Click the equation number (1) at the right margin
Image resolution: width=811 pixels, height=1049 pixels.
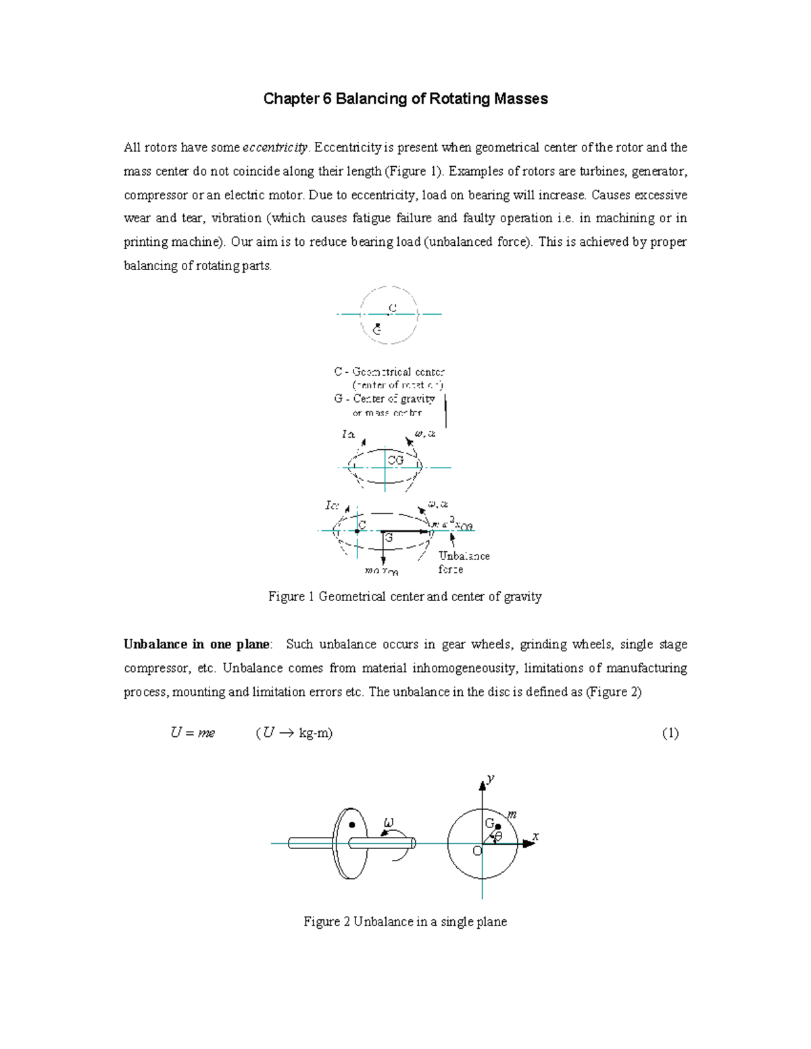pyautogui.click(x=670, y=734)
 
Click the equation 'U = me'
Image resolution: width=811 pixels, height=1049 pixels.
pyautogui.click(x=193, y=733)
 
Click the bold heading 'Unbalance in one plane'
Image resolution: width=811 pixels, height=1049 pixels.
pyautogui.click(x=197, y=644)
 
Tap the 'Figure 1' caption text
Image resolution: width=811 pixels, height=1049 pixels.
pyautogui.click(x=405, y=596)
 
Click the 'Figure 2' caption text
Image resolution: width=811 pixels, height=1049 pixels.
pyautogui.click(x=405, y=921)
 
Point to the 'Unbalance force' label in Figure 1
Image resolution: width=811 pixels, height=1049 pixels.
pyautogui.click(x=464, y=562)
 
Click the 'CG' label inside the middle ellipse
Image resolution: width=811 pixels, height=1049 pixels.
pyautogui.click(x=395, y=460)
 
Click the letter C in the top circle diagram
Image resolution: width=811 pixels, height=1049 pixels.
pyautogui.click(x=392, y=308)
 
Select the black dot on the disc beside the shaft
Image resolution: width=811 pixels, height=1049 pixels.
pyautogui.click(x=352, y=825)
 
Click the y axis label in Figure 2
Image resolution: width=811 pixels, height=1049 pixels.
pyautogui.click(x=491, y=779)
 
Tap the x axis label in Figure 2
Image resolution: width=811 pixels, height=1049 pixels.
pyautogui.click(x=535, y=836)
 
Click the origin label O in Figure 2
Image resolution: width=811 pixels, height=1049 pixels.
pyautogui.click(x=476, y=851)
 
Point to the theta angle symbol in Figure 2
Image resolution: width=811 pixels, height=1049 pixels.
pyautogui.click(x=498, y=838)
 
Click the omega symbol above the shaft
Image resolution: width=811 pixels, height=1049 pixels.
pyautogui.click(x=388, y=823)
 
